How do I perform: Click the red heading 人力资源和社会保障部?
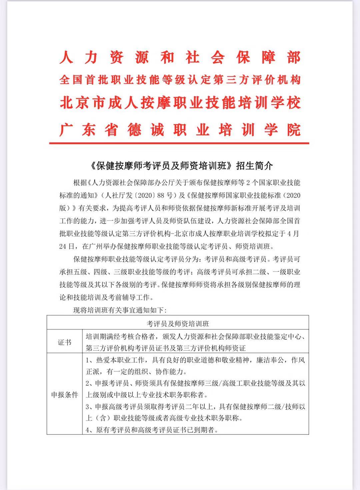click(180, 58)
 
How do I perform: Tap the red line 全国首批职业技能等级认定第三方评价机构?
click(180, 80)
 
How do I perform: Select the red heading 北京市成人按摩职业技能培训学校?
click(180, 102)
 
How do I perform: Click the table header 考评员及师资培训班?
click(178, 323)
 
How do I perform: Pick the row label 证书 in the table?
click(64, 342)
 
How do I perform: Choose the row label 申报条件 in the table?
click(64, 395)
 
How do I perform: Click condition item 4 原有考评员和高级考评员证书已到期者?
click(152, 430)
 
